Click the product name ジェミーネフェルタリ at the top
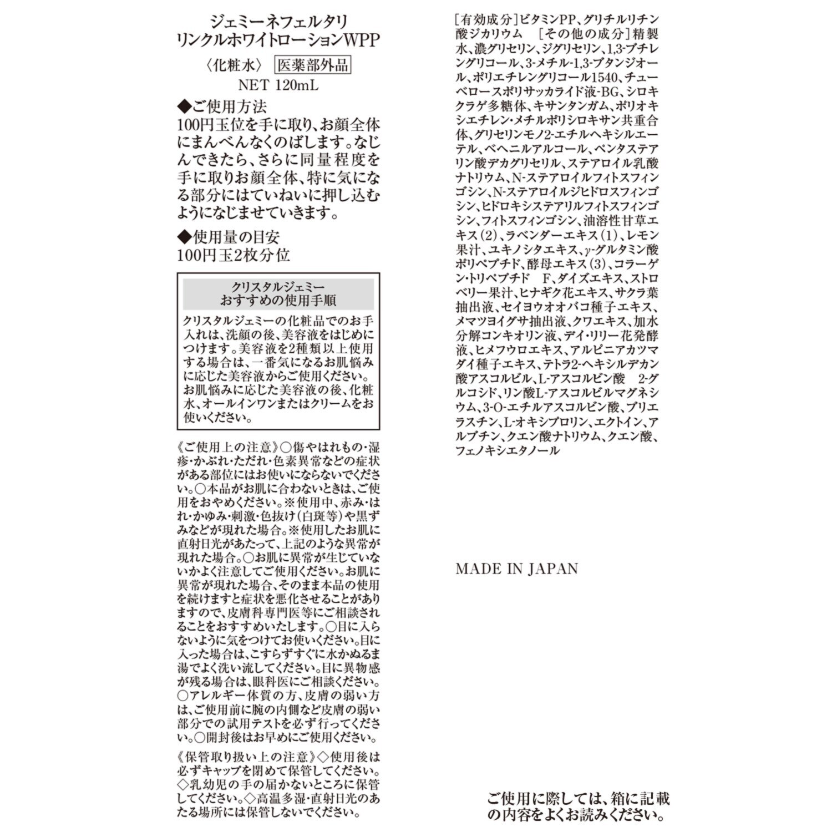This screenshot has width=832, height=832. point(278,23)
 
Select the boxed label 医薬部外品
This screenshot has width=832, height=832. point(313,65)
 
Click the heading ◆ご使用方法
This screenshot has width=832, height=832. point(221,105)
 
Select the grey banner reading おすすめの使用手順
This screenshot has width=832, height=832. point(278,301)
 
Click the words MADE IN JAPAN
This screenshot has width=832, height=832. point(516,569)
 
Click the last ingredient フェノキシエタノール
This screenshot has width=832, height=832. point(508,451)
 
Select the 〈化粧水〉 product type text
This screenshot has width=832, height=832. point(234,65)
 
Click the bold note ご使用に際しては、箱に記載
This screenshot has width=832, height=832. point(578,798)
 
